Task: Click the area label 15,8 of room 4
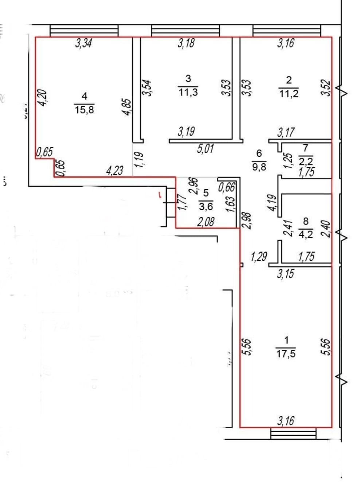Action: (85, 109)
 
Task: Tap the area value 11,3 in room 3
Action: (188, 92)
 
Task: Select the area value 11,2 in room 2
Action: (289, 94)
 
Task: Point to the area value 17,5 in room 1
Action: (286, 354)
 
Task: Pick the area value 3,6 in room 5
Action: (206, 207)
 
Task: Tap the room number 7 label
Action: (305, 148)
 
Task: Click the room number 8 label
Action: (306, 221)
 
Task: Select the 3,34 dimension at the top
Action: (83, 43)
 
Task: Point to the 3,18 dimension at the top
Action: (186, 43)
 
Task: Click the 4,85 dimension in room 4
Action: (127, 107)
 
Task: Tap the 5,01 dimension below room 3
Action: (205, 148)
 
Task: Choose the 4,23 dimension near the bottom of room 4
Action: (115, 170)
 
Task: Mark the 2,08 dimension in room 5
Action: (206, 222)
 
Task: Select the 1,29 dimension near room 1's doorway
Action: (259, 257)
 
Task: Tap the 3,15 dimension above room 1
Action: (285, 273)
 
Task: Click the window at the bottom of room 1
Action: (293, 434)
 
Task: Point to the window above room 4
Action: (84, 30)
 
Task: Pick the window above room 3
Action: (185, 30)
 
